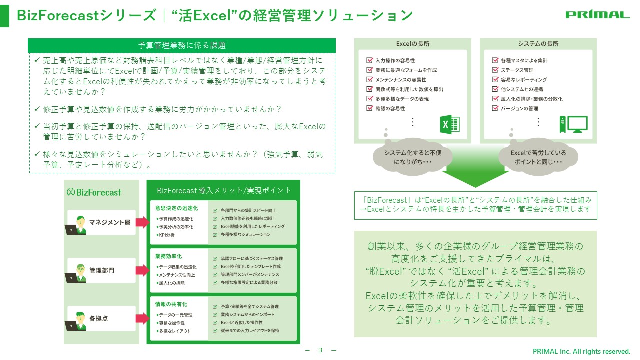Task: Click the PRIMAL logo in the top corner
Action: click(x=597, y=15)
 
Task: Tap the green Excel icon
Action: click(x=450, y=124)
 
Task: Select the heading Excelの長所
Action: click(x=413, y=44)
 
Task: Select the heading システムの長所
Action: click(x=538, y=44)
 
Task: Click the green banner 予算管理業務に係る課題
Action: click(x=182, y=45)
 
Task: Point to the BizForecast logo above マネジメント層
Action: click(x=94, y=192)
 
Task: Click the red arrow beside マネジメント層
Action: click(x=142, y=222)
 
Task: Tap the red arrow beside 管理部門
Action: click(x=142, y=270)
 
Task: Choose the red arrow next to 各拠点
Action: click(x=142, y=318)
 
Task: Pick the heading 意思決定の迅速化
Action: click(x=176, y=208)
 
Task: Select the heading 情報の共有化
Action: click(x=171, y=304)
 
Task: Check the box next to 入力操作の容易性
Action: click(x=369, y=60)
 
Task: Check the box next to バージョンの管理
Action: click(x=495, y=108)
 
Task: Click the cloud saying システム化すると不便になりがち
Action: click(x=413, y=157)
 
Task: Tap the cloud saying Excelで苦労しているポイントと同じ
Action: click(x=538, y=157)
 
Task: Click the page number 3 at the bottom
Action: click(x=320, y=350)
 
